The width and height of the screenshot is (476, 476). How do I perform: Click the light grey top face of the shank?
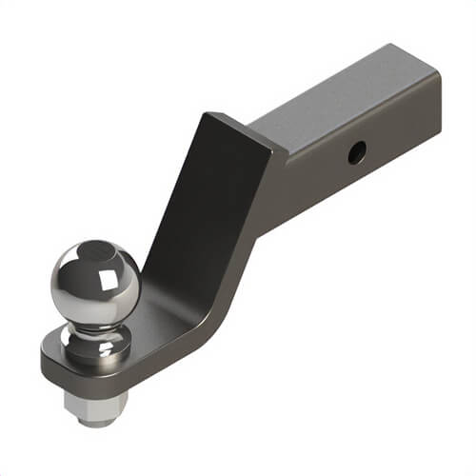[x=343, y=100]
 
